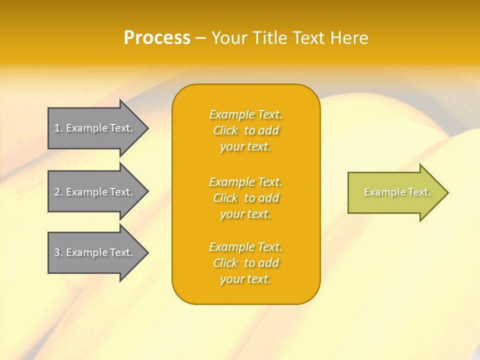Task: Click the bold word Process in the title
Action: click(157, 37)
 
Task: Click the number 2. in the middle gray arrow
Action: click(58, 192)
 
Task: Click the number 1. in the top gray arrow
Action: click(58, 128)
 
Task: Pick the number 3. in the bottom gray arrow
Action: click(58, 252)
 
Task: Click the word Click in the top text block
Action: click(225, 130)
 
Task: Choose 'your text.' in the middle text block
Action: click(245, 214)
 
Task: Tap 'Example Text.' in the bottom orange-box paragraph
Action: click(245, 247)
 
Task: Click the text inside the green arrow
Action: click(397, 192)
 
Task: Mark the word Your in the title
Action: click(229, 37)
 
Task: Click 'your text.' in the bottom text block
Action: click(245, 279)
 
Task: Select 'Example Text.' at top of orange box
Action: click(245, 114)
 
